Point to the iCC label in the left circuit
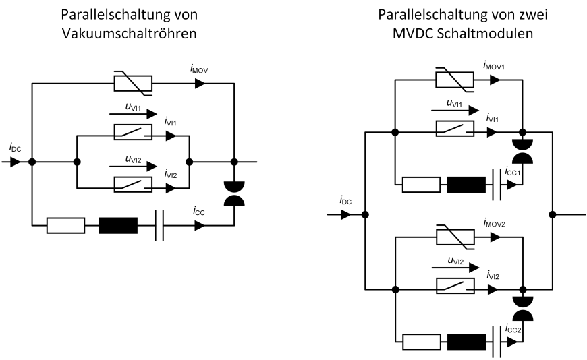point(198,212)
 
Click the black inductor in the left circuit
point(118,225)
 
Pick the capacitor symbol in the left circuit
point(160,225)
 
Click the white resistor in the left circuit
point(65,225)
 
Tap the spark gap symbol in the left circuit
point(235,194)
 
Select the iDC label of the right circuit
point(345,200)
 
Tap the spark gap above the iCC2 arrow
point(524,307)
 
